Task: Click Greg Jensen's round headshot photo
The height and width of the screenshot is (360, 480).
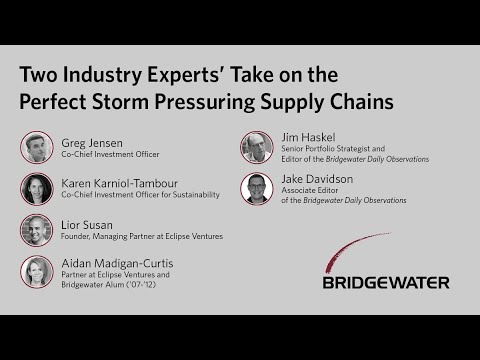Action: tap(37, 148)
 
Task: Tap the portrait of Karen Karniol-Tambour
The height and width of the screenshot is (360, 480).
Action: tap(37, 189)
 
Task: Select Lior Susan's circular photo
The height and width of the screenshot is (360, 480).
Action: tap(37, 230)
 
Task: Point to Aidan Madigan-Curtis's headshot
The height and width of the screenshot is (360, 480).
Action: tap(37, 271)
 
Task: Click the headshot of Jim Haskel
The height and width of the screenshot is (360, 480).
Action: tap(257, 148)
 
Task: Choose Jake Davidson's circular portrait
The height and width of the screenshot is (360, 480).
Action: tap(257, 189)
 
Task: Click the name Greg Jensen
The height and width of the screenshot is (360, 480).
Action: tap(91, 142)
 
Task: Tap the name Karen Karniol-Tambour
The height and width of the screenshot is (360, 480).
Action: tap(118, 183)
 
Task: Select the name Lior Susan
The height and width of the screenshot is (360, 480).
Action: tap(88, 224)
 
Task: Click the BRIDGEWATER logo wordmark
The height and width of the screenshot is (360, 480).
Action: tap(385, 282)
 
